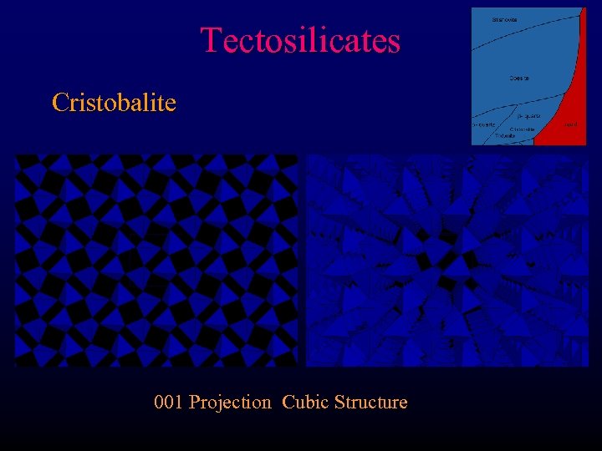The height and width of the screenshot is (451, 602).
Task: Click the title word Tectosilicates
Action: pos(300,40)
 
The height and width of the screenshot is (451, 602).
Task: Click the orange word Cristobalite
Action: pos(114,103)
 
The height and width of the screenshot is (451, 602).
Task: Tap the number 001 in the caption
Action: pos(169,403)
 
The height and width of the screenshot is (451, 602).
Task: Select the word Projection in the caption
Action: pos(231,403)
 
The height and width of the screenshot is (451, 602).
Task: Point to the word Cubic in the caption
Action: pos(305,403)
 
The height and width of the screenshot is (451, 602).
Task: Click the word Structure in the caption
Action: pos(370,403)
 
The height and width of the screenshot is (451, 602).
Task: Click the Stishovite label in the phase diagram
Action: pos(504,19)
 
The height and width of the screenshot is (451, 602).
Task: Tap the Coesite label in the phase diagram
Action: pos(518,79)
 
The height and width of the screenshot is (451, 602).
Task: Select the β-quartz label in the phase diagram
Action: pos(528,116)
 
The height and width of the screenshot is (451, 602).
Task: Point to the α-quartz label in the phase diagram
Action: pos(483,124)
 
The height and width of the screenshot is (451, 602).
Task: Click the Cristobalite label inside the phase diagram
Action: pos(523,129)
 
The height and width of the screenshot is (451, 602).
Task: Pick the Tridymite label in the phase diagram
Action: pos(504,135)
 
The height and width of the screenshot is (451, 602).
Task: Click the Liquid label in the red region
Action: pos(570,124)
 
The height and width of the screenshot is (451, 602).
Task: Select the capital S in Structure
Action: pos(339,403)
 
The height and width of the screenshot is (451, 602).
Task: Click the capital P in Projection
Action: pos(194,403)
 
